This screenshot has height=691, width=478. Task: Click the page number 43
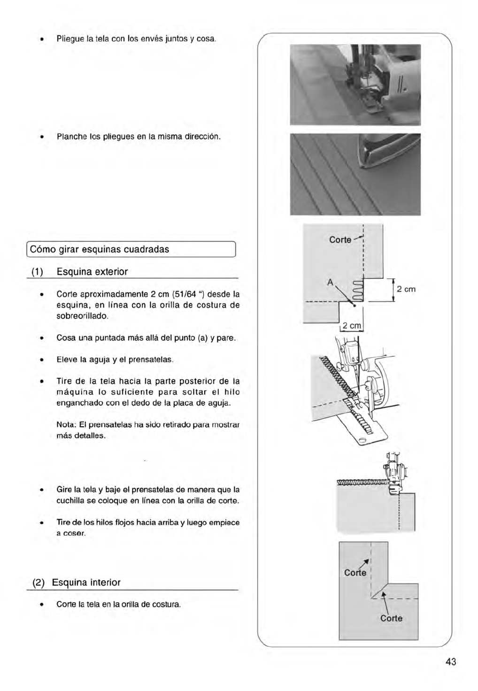pyautogui.click(x=451, y=662)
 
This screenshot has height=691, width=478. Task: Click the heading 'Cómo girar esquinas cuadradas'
pyautogui.click(x=100, y=249)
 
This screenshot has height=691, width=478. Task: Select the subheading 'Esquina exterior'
pyautogui.click(x=92, y=272)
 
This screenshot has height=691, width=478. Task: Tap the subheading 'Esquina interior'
pyautogui.click(x=86, y=583)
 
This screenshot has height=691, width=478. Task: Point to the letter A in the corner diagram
pyautogui.click(x=330, y=283)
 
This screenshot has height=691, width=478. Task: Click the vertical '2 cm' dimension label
pyautogui.click(x=406, y=289)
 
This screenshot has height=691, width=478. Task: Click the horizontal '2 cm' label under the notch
pyautogui.click(x=352, y=326)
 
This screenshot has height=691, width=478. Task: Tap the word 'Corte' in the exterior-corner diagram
pyautogui.click(x=340, y=240)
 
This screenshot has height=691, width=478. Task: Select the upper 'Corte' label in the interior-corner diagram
pyautogui.click(x=355, y=573)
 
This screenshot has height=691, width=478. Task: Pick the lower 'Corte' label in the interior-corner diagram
pyautogui.click(x=391, y=618)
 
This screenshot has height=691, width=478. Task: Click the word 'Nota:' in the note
pyautogui.click(x=66, y=425)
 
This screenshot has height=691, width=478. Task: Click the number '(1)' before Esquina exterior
pyautogui.click(x=38, y=272)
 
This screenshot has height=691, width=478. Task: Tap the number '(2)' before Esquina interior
pyautogui.click(x=39, y=583)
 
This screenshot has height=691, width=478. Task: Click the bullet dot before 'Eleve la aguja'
pyautogui.click(x=42, y=360)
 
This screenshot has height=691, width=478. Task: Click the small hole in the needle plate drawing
pyautogui.click(x=362, y=439)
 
